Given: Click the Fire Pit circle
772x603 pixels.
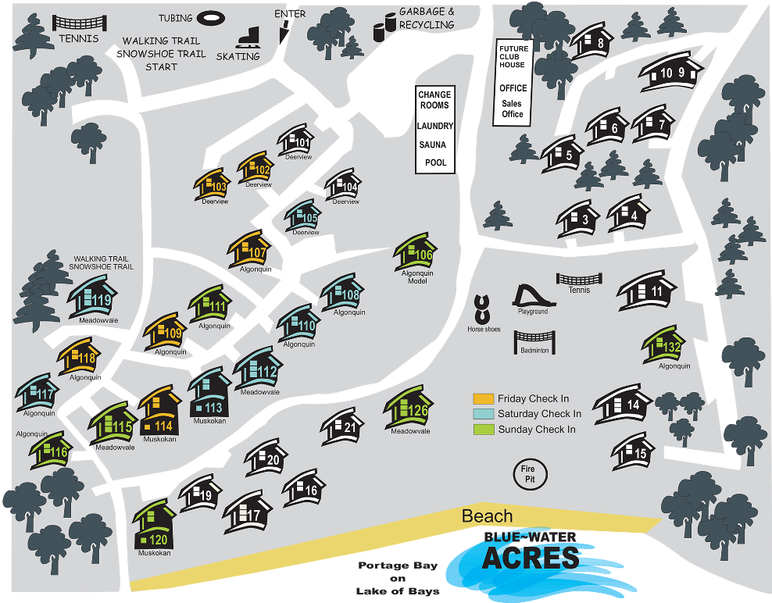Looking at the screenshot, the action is pyautogui.click(x=531, y=474).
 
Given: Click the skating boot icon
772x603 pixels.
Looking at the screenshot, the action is pyautogui.click(x=248, y=37).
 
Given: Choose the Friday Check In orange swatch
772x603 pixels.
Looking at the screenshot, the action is pyautogui.click(x=484, y=398).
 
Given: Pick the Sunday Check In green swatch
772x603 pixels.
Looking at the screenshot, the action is pyautogui.click(x=484, y=429).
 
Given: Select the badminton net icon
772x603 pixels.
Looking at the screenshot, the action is pyautogui.click(x=534, y=341).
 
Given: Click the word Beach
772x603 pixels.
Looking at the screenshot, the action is pyautogui.click(x=487, y=516).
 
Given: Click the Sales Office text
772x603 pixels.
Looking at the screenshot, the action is pyautogui.click(x=513, y=109).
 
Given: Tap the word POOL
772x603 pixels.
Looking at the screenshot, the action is pyautogui.click(x=435, y=163).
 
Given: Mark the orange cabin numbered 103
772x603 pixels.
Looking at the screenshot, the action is pyautogui.click(x=213, y=186).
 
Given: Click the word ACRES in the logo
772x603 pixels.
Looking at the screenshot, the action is pyautogui.click(x=531, y=558).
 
